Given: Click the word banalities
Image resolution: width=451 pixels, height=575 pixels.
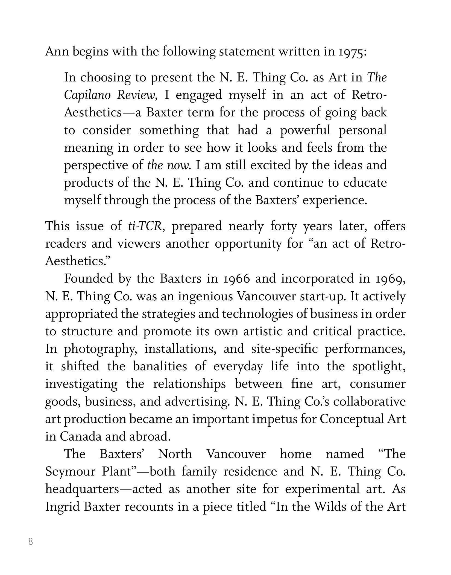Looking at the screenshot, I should pyautogui.click(x=160, y=366).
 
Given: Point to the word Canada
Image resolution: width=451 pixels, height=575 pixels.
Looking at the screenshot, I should pyautogui.click(x=81, y=436).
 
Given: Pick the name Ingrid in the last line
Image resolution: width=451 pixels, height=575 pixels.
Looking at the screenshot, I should pyautogui.click(x=62, y=506).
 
